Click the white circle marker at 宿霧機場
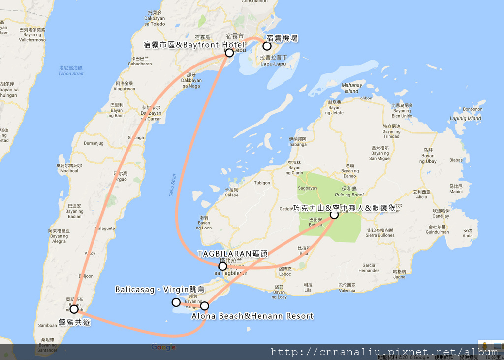click(267, 46)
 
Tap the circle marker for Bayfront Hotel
click(229, 53)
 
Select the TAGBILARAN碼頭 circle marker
click(222, 266)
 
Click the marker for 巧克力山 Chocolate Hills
click(334, 215)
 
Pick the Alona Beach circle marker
click(205, 306)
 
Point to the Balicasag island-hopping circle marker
click(176, 302)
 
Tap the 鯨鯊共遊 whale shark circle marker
click(74, 309)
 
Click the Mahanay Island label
click(351, 88)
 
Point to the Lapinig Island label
click(465, 119)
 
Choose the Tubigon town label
click(262, 183)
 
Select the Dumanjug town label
click(94, 143)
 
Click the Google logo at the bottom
click(163, 348)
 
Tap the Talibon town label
click(365, 98)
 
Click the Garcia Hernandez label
click(369, 268)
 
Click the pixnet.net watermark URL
click(384, 352)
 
